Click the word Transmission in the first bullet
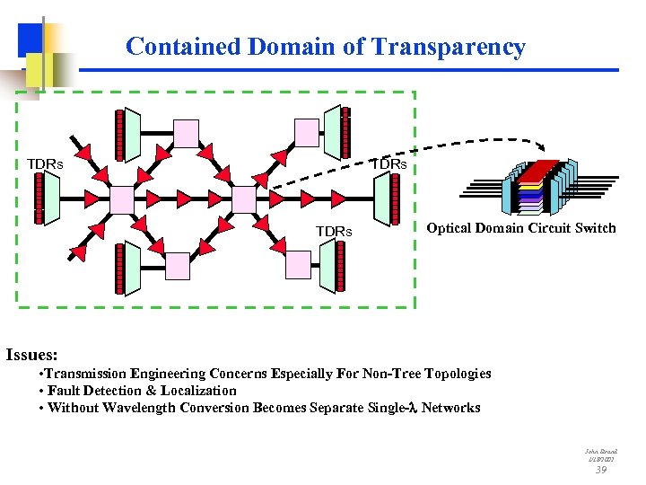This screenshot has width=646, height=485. point(87,373)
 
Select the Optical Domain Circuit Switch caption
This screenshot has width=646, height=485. point(521,228)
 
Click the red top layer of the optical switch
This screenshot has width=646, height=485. point(542,170)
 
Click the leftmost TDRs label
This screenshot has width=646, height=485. point(45,164)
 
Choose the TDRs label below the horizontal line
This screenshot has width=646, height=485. point(334,232)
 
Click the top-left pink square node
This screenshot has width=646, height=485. point(186,133)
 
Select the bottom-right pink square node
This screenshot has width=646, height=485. point(298,263)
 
